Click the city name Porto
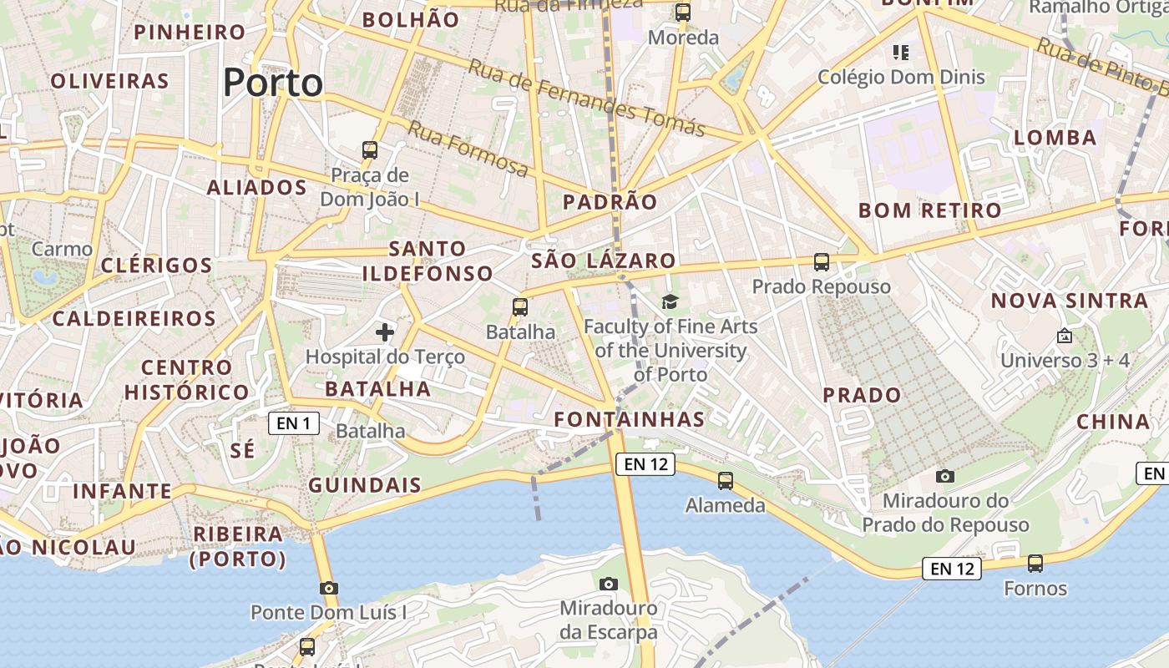(x=273, y=83)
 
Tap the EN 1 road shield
(x=293, y=423)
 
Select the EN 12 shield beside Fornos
(x=951, y=569)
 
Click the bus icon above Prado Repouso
(x=822, y=262)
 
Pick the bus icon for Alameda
(x=725, y=481)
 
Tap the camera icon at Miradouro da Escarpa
(x=609, y=584)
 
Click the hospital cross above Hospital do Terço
(x=384, y=332)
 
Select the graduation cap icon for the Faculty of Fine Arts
(x=670, y=301)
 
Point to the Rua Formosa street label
(x=468, y=149)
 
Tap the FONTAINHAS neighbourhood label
(x=630, y=418)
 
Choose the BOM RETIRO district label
(x=929, y=210)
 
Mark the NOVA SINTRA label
(x=1070, y=301)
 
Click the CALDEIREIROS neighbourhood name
(x=134, y=318)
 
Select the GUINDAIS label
(x=365, y=485)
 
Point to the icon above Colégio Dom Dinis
(x=900, y=53)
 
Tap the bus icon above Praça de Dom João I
(x=370, y=150)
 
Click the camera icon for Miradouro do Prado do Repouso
(x=945, y=476)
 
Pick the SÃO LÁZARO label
(x=603, y=261)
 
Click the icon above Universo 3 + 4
(x=1065, y=337)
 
